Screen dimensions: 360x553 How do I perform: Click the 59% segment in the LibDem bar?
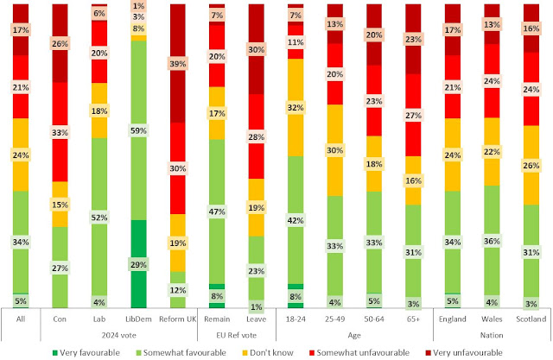(x=139, y=131)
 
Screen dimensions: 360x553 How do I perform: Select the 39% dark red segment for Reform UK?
(x=178, y=64)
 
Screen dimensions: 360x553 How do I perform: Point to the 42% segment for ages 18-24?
(x=296, y=220)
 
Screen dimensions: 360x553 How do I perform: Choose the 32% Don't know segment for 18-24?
(x=296, y=108)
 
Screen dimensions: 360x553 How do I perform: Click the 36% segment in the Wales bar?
(x=491, y=242)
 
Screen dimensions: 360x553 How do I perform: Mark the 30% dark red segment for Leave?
(x=256, y=50)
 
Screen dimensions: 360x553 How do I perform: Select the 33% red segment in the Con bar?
(x=60, y=133)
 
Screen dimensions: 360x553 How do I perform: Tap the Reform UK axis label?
(x=178, y=319)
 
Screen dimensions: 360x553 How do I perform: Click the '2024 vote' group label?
(x=119, y=333)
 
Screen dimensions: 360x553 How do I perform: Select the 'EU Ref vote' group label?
(x=236, y=333)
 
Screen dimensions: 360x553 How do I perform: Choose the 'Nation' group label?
(x=491, y=333)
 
